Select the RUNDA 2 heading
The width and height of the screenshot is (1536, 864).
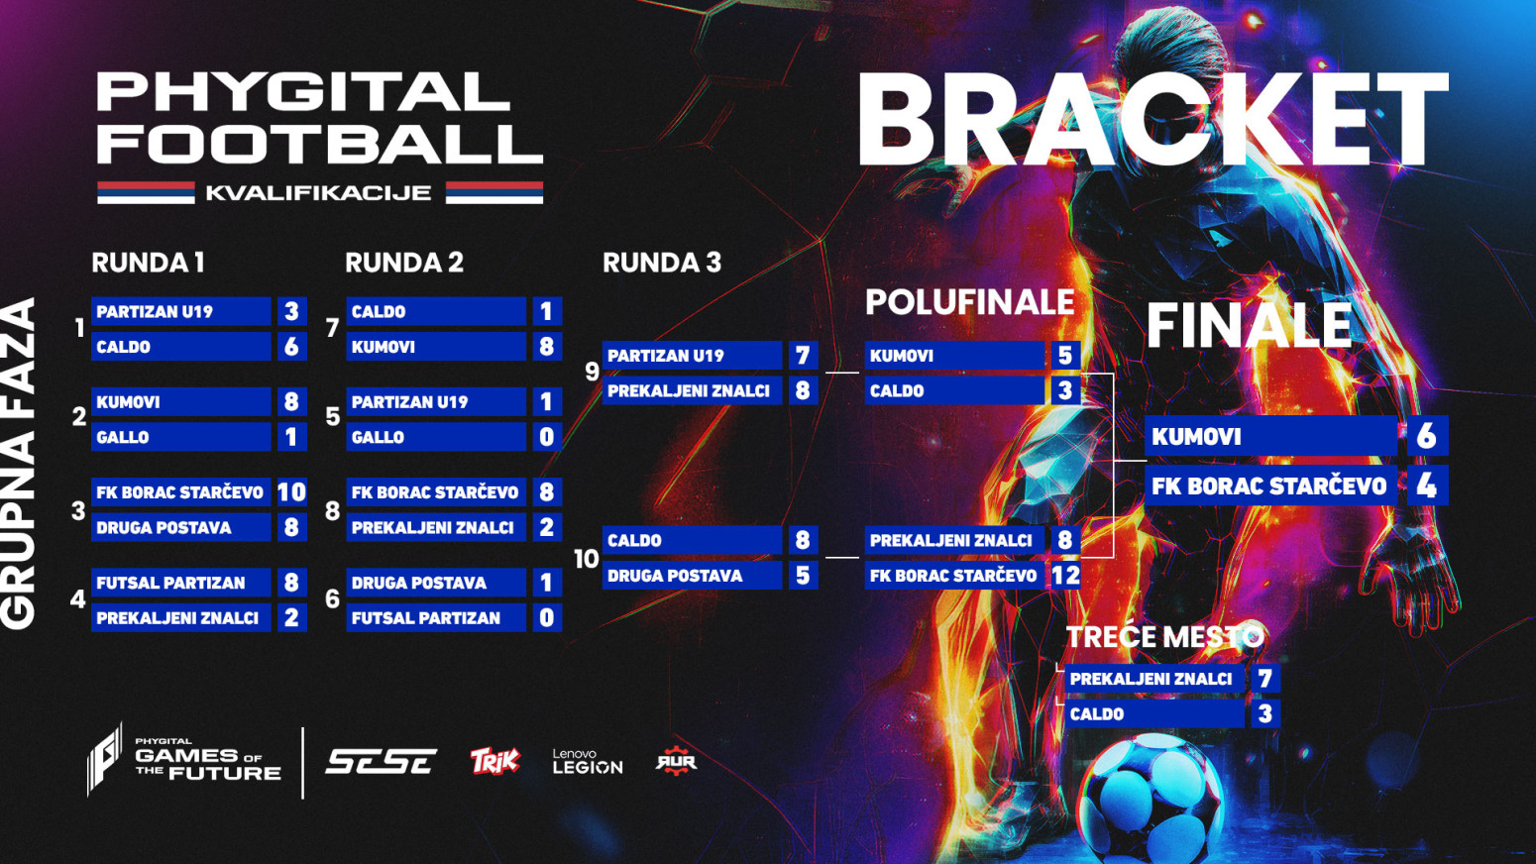pos(403,263)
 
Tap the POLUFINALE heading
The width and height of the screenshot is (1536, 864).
pos(969,302)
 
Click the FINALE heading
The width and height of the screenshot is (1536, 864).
pos(1249,325)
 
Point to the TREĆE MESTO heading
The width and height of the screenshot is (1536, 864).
pos(1164,636)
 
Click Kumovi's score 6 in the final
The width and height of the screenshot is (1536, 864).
pos(1426,436)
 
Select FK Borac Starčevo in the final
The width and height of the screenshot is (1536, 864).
pos(1268,486)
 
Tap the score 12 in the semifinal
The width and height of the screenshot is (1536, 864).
pos(1065,575)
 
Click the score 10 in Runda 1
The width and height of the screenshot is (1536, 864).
pos(291,492)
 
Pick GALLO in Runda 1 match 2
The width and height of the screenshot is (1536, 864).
pos(123,437)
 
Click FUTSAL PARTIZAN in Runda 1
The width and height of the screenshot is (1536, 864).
pos(170,583)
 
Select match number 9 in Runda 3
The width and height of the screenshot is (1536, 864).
pos(592,372)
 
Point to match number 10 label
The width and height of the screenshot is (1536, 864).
pos(586,559)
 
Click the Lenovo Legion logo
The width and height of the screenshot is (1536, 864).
pos(587,761)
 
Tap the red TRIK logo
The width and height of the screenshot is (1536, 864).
pos(494,761)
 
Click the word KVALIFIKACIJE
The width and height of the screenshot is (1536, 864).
pos(318,192)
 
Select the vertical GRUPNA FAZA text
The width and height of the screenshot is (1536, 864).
pos(20,463)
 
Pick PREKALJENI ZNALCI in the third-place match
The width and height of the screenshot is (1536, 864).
pos(1151,679)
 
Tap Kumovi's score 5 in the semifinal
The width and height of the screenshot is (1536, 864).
pos(1064,356)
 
